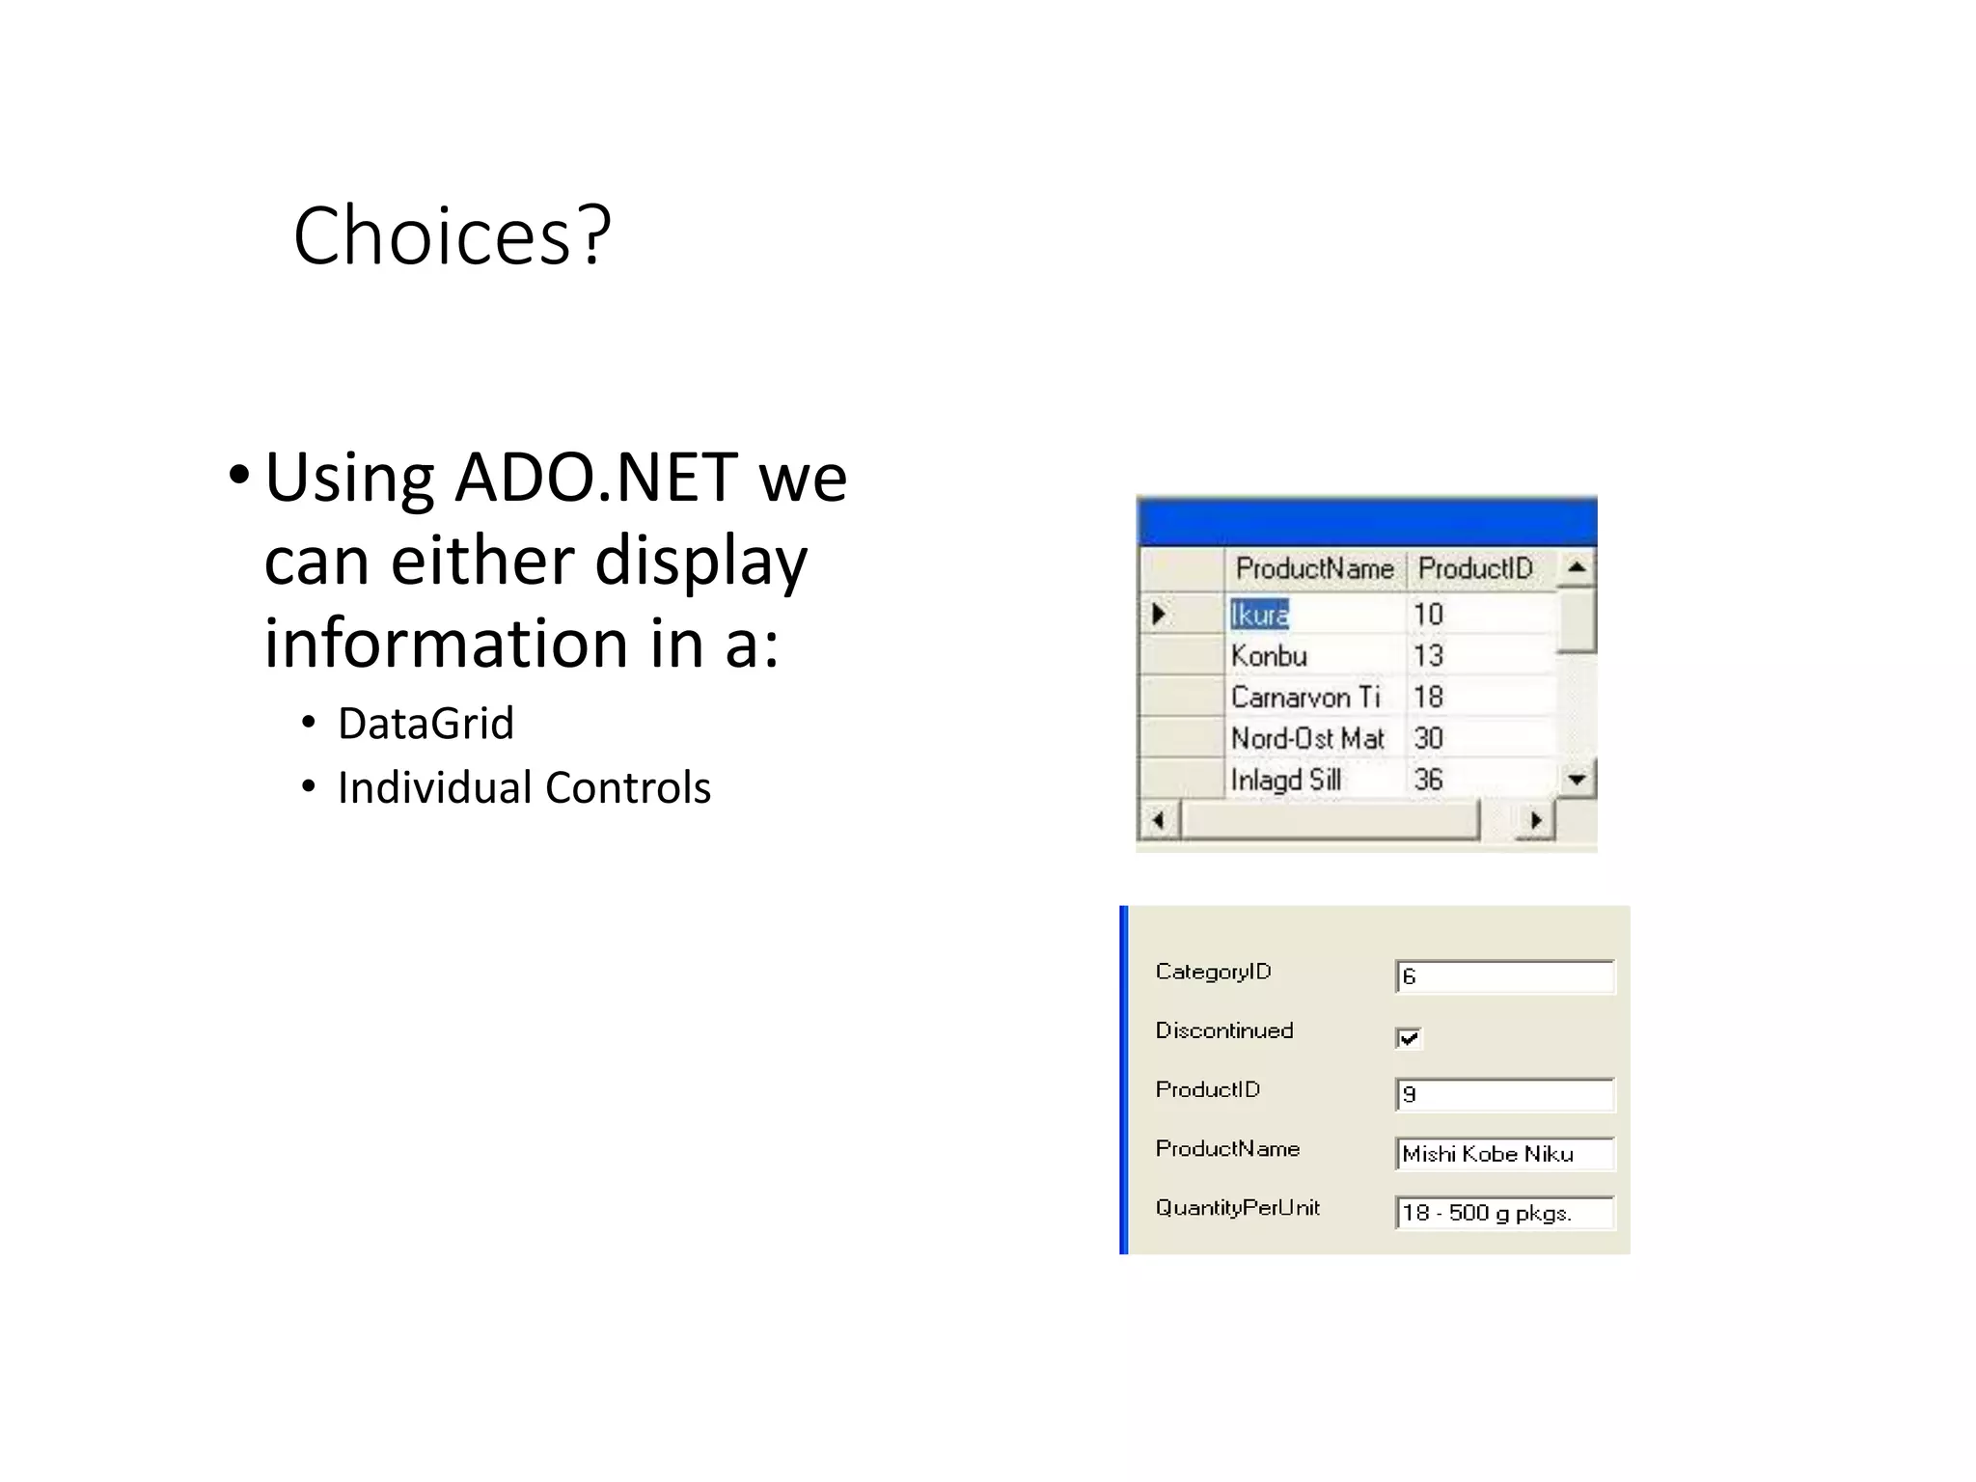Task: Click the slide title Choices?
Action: click(452, 236)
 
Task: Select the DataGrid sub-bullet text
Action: click(425, 724)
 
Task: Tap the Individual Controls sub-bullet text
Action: click(524, 787)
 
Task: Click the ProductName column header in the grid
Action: click(1314, 568)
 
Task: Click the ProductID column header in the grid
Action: click(1474, 568)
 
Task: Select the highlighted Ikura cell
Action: click(1260, 615)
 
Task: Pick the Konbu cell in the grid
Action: click(1270, 656)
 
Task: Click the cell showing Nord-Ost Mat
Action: click(1307, 739)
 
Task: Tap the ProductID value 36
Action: click(1429, 780)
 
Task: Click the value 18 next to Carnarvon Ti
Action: click(1429, 698)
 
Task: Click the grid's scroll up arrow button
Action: click(1577, 567)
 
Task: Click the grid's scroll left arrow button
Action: click(1159, 821)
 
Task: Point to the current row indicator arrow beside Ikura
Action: click(1160, 614)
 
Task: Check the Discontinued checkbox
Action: click(1409, 1038)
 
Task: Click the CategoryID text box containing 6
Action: click(1504, 976)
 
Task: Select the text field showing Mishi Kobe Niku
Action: click(1504, 1154)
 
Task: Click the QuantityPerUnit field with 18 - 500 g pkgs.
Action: click(1504, 1213)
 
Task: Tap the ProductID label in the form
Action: click(1208, 1089)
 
